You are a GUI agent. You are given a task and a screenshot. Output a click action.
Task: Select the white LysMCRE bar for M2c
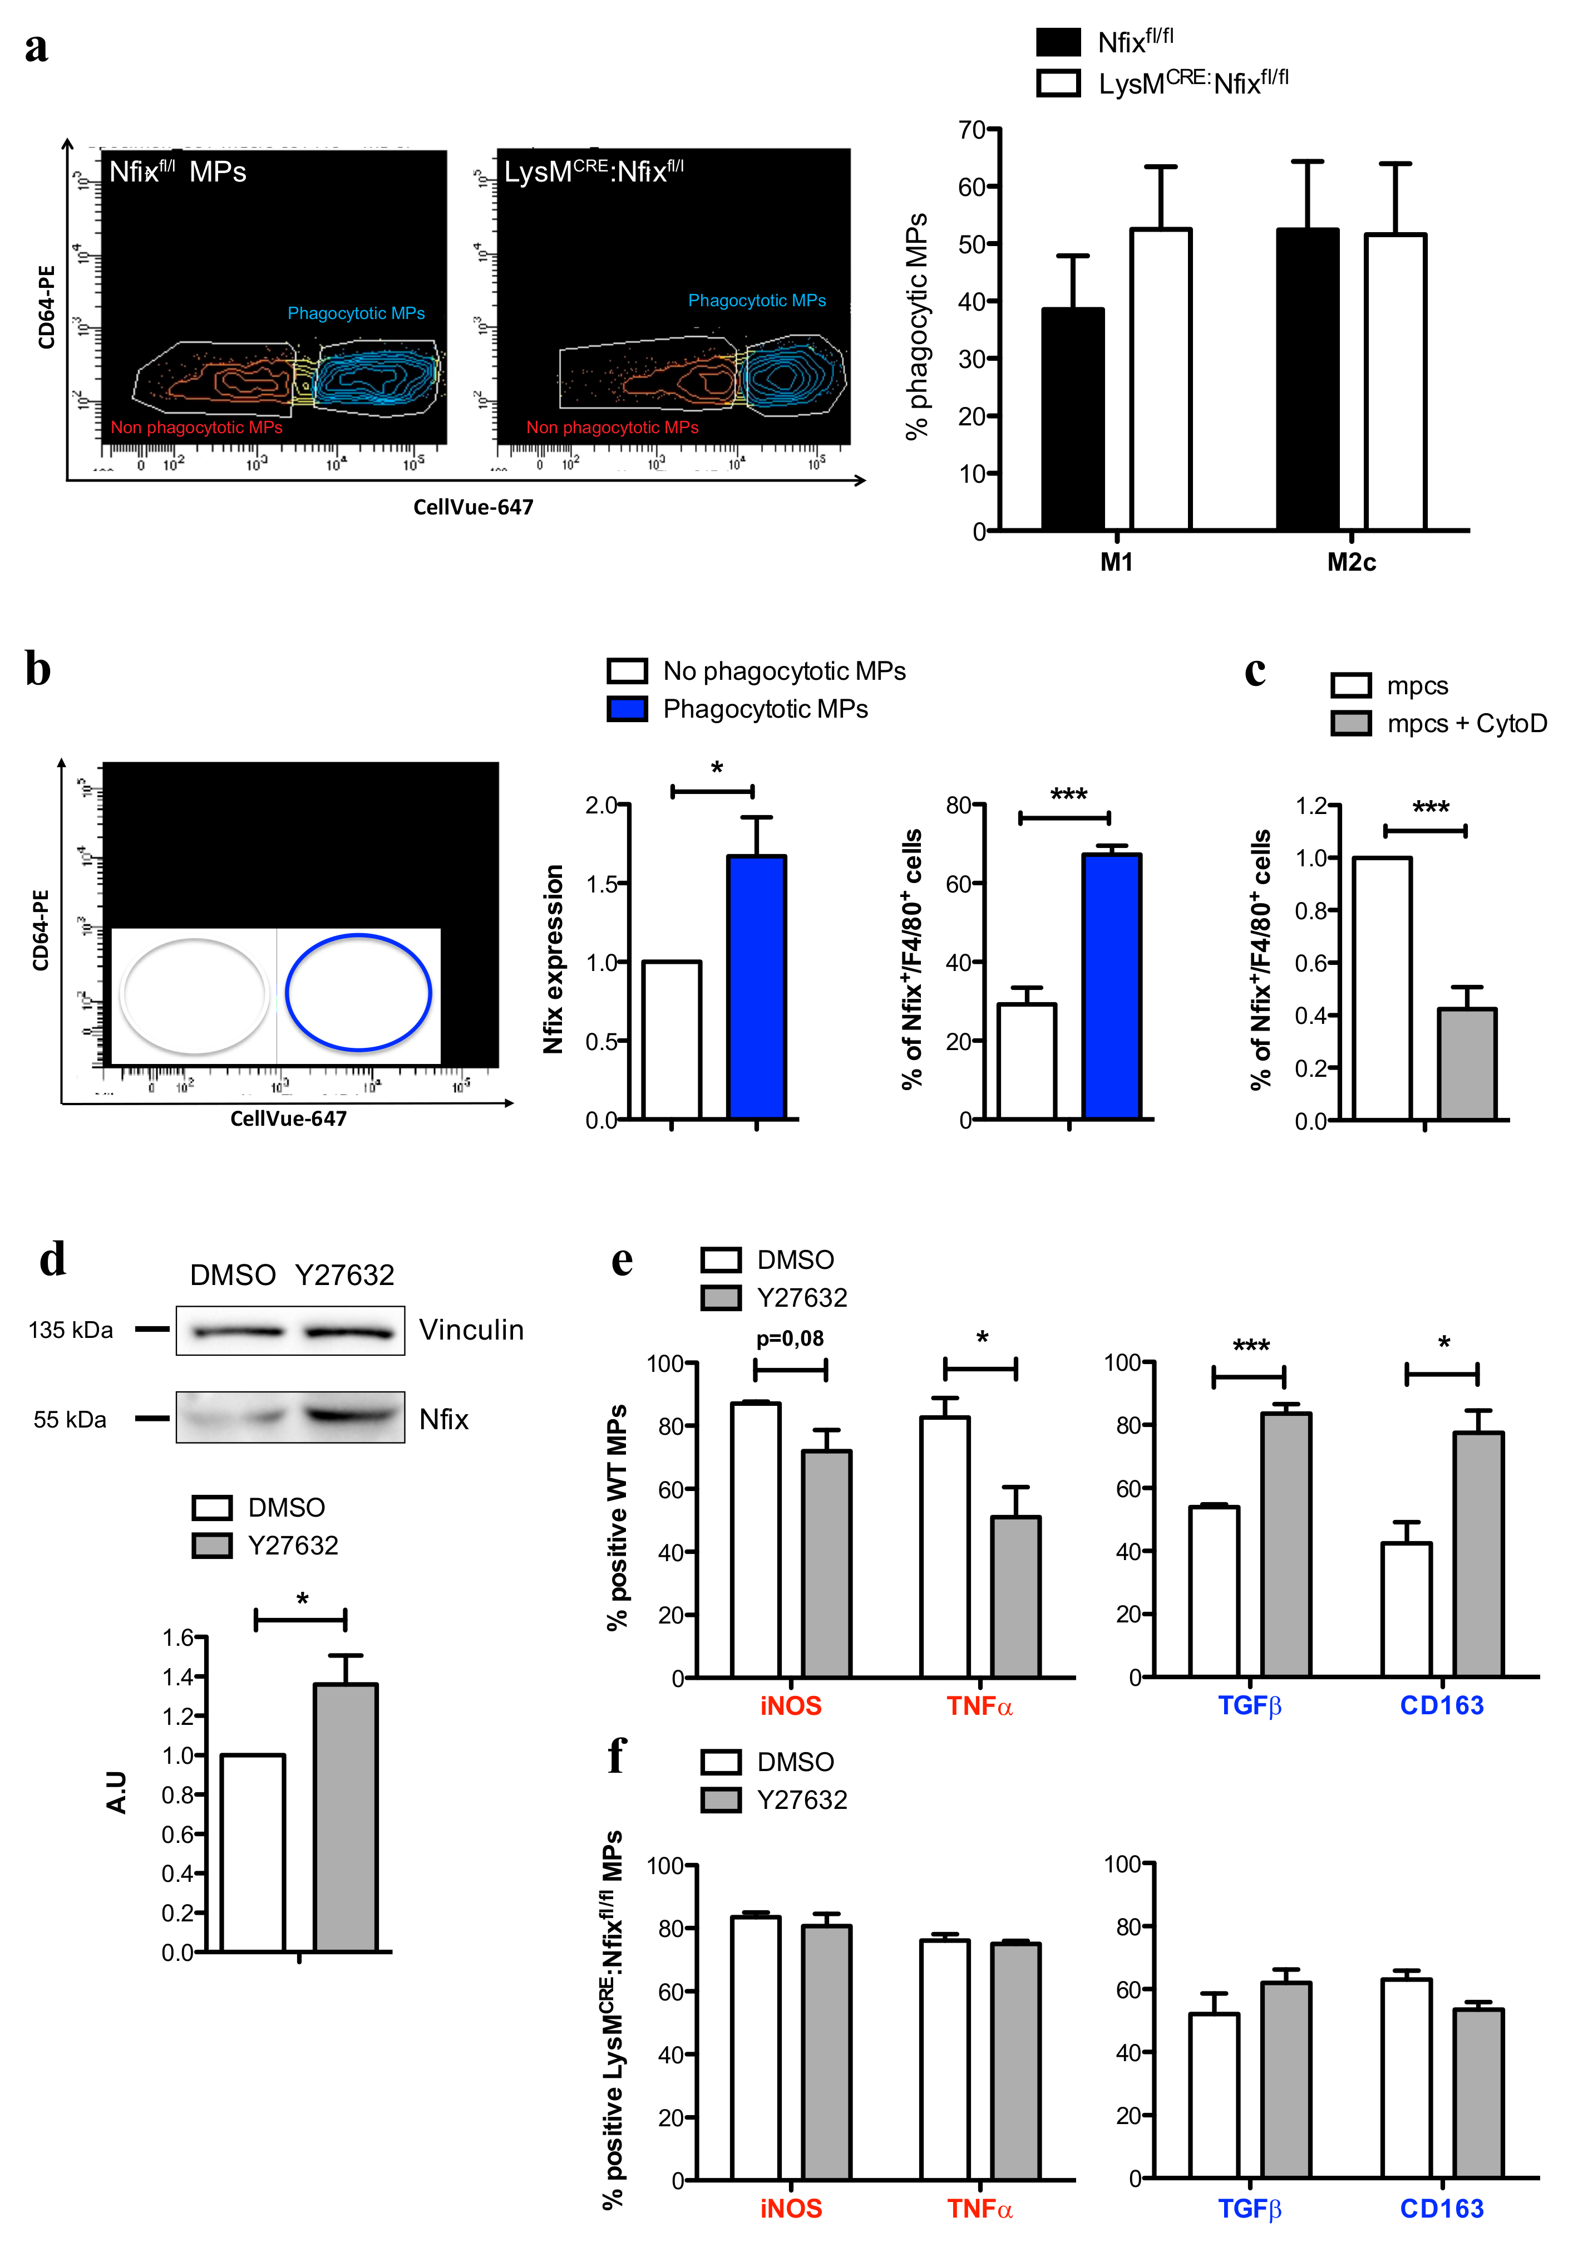pyautogui.click(x=1394, y=382)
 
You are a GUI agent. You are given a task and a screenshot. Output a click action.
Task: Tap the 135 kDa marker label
pyautogui.click(x=71, y=1331)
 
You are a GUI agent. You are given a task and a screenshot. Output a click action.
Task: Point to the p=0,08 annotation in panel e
pyautogui.click(x=790, y=1338)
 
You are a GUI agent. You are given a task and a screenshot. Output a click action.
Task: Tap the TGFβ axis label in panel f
pyautogui.click(x=1250, y=2208)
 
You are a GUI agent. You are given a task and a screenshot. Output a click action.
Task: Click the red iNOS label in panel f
pyautogui.click(x=791, y=2208)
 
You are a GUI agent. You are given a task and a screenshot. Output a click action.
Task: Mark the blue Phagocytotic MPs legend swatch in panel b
pyautogui.click(x=627, y=709)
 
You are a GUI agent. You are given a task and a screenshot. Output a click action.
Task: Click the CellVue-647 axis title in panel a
pyautogui.click(x=474, y=507)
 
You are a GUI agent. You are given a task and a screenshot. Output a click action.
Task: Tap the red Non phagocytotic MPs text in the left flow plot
pyautogui.click(x=196, y=428)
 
